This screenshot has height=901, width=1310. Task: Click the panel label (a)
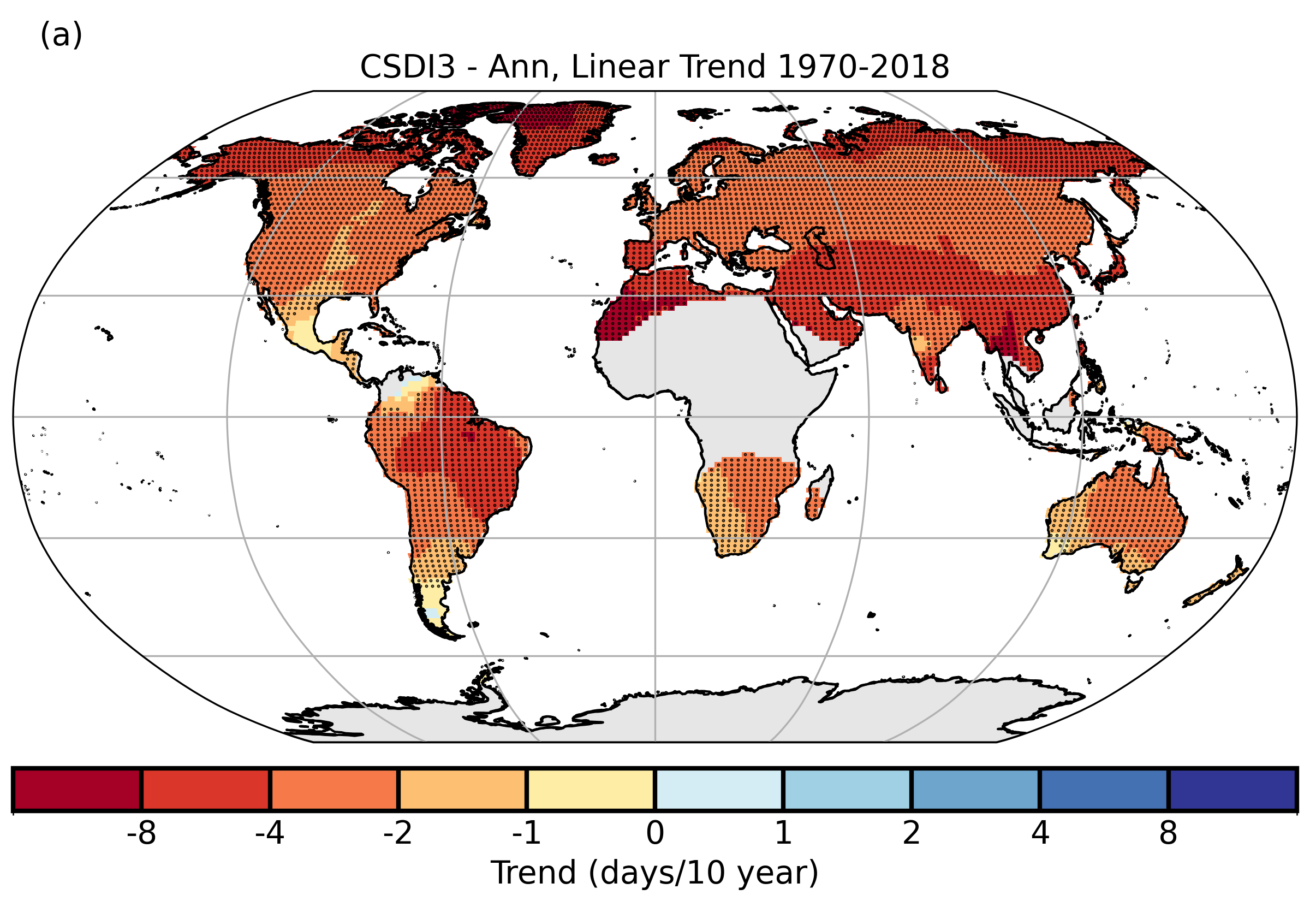point(61,35)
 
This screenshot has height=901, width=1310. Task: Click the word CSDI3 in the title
point(407,67)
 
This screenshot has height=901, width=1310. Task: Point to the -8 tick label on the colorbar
point(141,833)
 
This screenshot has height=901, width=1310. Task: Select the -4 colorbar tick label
point(270,833)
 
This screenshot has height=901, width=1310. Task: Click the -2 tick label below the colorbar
point(398,833)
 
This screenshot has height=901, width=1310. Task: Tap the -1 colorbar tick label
point(526,833)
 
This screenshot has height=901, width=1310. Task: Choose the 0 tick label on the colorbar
point(655,833)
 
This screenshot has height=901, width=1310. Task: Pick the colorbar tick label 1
point(783,833)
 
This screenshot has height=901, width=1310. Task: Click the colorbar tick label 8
point(1169,833)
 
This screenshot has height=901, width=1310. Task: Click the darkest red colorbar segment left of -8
point(78,790)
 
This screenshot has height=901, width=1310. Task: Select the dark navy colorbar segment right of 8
point(1232,790)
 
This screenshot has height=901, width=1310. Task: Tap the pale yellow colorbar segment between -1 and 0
point(591,790)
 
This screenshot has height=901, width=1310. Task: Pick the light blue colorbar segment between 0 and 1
point(719,790)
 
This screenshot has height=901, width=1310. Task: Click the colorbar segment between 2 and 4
point(975,790)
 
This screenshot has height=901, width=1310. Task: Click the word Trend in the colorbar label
point(534,873)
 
